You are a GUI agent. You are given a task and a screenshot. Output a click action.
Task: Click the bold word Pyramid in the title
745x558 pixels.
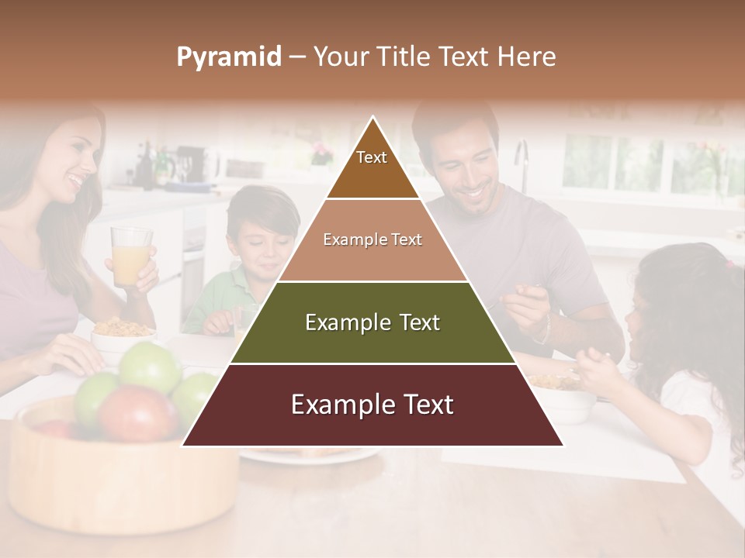click(228, 57)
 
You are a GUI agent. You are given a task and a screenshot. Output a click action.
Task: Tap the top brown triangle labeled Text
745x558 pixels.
click(372, 167)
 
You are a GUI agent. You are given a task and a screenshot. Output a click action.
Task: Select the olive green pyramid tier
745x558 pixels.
click(372, 322)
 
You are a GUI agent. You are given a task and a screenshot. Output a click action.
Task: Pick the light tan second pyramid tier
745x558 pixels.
click(372, 240)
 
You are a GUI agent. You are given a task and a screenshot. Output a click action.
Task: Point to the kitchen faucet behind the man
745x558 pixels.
click(522, 163)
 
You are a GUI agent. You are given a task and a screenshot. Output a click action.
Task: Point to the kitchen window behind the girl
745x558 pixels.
click(613, 163)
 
